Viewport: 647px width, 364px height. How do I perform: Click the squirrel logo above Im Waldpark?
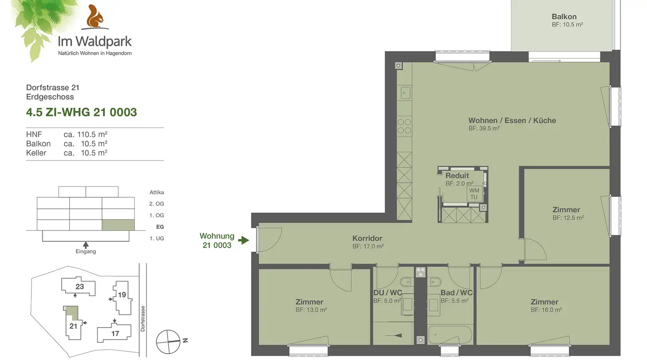point(94,17)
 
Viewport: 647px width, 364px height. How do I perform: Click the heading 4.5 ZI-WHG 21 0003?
point(81,112)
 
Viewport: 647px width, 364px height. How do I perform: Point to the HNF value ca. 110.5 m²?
point(85,134)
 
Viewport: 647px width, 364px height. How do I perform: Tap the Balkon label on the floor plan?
point(564,17)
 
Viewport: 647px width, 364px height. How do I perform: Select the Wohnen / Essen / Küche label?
point(512,120)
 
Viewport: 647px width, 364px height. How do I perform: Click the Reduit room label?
point(457,176)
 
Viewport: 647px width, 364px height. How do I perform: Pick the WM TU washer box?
point(474,194)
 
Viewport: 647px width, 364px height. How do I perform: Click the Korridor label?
point(367,238)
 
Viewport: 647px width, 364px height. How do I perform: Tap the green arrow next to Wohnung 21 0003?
point(244,240)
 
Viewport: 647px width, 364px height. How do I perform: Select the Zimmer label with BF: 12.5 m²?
point(566,210)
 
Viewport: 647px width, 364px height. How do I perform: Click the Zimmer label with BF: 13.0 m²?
point(309,302)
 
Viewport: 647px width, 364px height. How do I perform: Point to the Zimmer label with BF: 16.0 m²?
point(544,302)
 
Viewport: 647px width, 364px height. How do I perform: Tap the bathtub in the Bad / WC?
point(450,335)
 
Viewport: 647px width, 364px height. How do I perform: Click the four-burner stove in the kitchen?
point(404,126)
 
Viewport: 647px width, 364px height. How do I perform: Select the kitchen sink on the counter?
point(405,93)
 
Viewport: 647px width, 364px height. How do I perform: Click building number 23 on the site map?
point(80,287)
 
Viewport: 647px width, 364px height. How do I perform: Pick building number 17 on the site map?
point(115,333)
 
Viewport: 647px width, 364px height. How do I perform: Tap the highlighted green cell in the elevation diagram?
point(118,225)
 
